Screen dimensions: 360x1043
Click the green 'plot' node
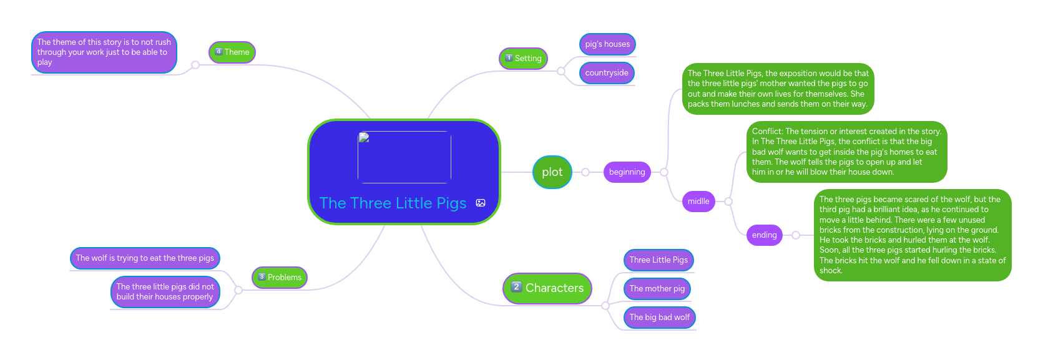click(x=552, y=172)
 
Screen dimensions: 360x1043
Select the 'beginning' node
click(x=627, y=172)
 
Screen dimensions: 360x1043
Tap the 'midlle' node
click(x=698, y=202)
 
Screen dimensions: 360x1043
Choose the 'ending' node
click(x=764, y=235)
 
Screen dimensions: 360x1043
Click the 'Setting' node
click(x=523, y=59)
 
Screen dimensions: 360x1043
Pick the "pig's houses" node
click(x=607, y=44)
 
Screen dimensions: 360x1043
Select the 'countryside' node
click(x=607, y=73)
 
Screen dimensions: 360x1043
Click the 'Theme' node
click(x=232, y=52)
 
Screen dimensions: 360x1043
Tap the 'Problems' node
click(x=279, y=278)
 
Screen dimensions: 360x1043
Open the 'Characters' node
click(x=547, y=288)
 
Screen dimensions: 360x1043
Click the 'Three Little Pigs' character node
click(x=659, y=260)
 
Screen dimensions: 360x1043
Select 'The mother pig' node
click(x=657, y=289)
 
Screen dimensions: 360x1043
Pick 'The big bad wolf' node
click(x=659, y=318)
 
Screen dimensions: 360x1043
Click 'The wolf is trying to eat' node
click(x=145, y=258)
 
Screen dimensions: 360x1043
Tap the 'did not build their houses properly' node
click(x=165, y=292)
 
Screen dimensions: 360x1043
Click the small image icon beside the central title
click(x=481, y=203)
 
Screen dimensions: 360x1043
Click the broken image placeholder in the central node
click(x=404, y=157)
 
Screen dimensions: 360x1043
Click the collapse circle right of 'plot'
click(x=585, y=172)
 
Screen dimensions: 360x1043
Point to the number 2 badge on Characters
click(x=516, y=287)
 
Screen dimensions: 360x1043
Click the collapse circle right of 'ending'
click(x=796, y=235)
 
